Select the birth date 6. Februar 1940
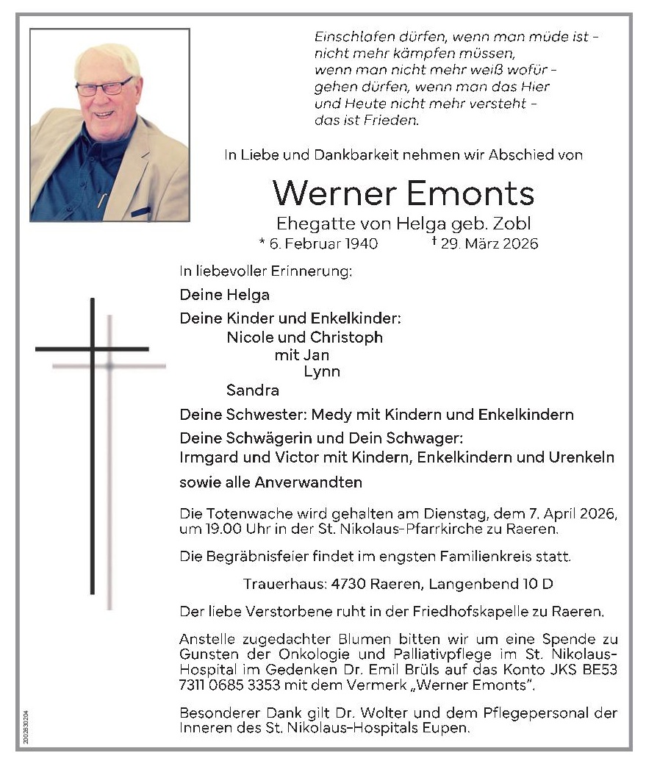pyautogui.click(x=318, y=243)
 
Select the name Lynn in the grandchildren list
pyautogui.click(x=322, y=371)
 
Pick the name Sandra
pyautogui.click(x=253, y=390)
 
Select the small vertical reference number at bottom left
pyautogui.click(x=26, y=726)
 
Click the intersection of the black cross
pyautogui.click(x=93, y=349)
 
